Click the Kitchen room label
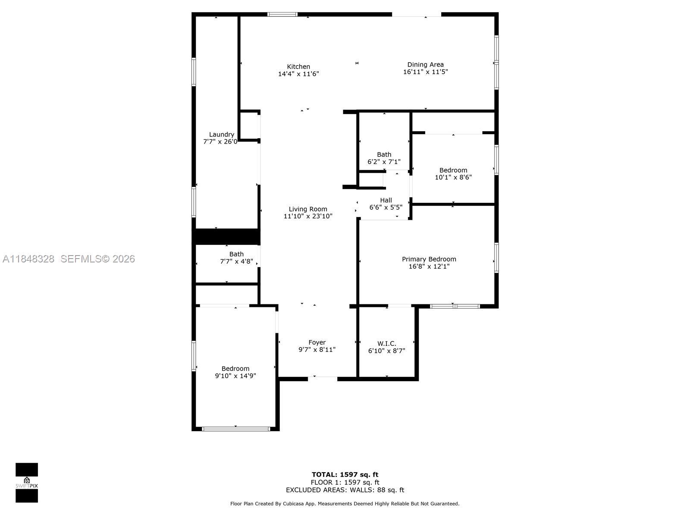pos(298,66)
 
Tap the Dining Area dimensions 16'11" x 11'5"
pos(425,72)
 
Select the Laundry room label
pos(221,134)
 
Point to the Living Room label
pos(307,209)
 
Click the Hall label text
pos(386,200)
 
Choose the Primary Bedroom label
pos(429,259)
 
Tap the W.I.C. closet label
pos(386,344)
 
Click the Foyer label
pos(317,342)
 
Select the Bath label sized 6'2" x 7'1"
pos(384,155)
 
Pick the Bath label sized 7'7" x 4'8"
pos(236,254)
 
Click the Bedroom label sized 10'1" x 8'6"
pos(453,170)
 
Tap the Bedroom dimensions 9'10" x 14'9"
pos(235,376)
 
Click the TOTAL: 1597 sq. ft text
pos(345,475)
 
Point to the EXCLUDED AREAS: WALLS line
pos(345,490)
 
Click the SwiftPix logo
pos(27,483)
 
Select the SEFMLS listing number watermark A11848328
pos(28,259)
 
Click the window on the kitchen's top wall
pos(282,14)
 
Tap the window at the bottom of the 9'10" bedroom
pos(236,429)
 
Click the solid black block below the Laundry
pos(226,237)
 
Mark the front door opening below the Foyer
pos(322,379)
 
